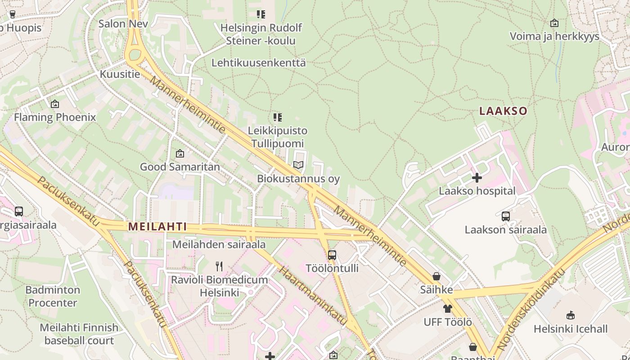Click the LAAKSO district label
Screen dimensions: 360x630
(x=503, y=111)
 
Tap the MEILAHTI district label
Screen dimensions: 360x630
(x=157, y=226)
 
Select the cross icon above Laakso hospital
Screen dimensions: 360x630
(x=477, y=178)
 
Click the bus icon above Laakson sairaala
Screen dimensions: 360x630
(x=506, y=216)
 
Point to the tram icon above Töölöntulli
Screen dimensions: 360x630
(x=332, y=255)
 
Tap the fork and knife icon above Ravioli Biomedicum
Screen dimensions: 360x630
(x=219, y=266)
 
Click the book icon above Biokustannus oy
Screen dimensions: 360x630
(x=298, y=165)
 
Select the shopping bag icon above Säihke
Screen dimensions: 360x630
(x=436, y=276)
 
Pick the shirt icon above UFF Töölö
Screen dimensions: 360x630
(x=447, y=309)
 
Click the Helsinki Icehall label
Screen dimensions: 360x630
(x=571, y=329)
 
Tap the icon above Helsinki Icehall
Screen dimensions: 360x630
(x=571, y=315)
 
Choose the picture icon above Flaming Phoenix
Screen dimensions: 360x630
(x=55, y=104)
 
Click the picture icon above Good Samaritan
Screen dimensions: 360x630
(x=180, y=153)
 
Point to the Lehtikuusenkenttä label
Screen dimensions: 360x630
(x=258, y=63)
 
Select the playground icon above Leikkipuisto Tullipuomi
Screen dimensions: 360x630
(x=278, y=117)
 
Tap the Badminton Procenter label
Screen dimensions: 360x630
(x=53, y=296)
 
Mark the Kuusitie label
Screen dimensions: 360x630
(x=120, y=74)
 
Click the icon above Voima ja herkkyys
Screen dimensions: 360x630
(x=554, y=23)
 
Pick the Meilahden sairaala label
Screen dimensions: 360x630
(x=219, y=244)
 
